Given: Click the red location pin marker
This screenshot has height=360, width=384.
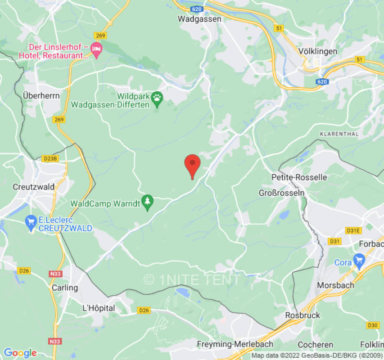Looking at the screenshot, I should pos(192,165).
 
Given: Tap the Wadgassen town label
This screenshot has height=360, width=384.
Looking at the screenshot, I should pos(199,19).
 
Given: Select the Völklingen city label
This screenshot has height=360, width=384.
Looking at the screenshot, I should pos(317,51).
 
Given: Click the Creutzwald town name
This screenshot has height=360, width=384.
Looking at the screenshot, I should pos(34,187).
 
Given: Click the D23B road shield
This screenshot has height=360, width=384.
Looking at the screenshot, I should pos(50,158).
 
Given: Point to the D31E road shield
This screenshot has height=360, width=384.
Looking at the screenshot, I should pos(353,231).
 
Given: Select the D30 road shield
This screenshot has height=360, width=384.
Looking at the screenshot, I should pos(373,325).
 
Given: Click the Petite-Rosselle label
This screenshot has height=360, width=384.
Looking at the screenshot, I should pos(299,177).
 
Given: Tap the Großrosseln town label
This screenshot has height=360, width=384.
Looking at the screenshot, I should pos(281,193).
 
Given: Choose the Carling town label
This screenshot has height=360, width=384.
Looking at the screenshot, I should pos(64,288).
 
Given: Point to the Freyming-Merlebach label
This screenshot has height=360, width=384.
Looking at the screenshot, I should pos(235,344).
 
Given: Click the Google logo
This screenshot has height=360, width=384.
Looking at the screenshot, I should pos(20,353).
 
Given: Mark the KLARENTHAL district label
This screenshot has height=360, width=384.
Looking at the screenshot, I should pos(339,134).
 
